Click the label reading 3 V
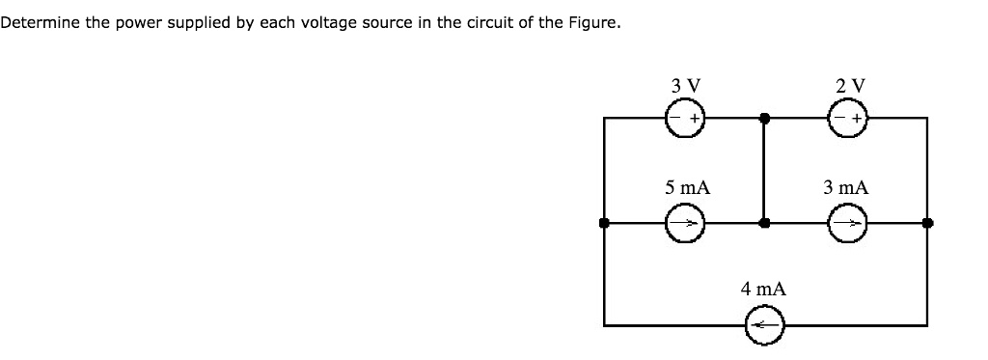tap(684, 85)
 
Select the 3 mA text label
tap(846, 187)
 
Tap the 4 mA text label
tap(764, 289)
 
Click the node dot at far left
tap(604, 223)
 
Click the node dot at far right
tap(927, 223)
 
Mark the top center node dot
tap(764, 119)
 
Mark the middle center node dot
tap(764, 223)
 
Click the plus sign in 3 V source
tap(693, 121)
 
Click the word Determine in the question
tap(34, 22)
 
